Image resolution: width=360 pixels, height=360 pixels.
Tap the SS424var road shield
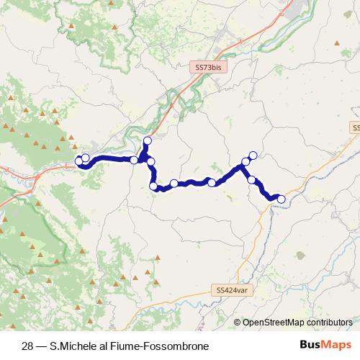pos(231,289)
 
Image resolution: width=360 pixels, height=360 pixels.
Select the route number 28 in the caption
pos(28,345)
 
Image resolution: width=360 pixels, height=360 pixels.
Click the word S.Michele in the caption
pos(73,345)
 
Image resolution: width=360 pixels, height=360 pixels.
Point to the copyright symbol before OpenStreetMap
pos(238,323)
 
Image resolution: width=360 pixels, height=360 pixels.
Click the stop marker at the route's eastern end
pos(282,199)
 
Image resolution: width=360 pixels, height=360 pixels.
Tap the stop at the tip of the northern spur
pos(148,140)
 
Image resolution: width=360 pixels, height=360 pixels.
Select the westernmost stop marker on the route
pos(79,161)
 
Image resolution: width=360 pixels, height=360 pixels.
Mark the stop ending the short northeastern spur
pos(253,154)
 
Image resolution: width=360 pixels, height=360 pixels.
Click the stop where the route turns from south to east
pos(153,186)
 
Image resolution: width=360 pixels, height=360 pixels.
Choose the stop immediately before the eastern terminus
pos(252,179)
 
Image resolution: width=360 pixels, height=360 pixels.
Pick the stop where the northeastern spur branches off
pos(246,162)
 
